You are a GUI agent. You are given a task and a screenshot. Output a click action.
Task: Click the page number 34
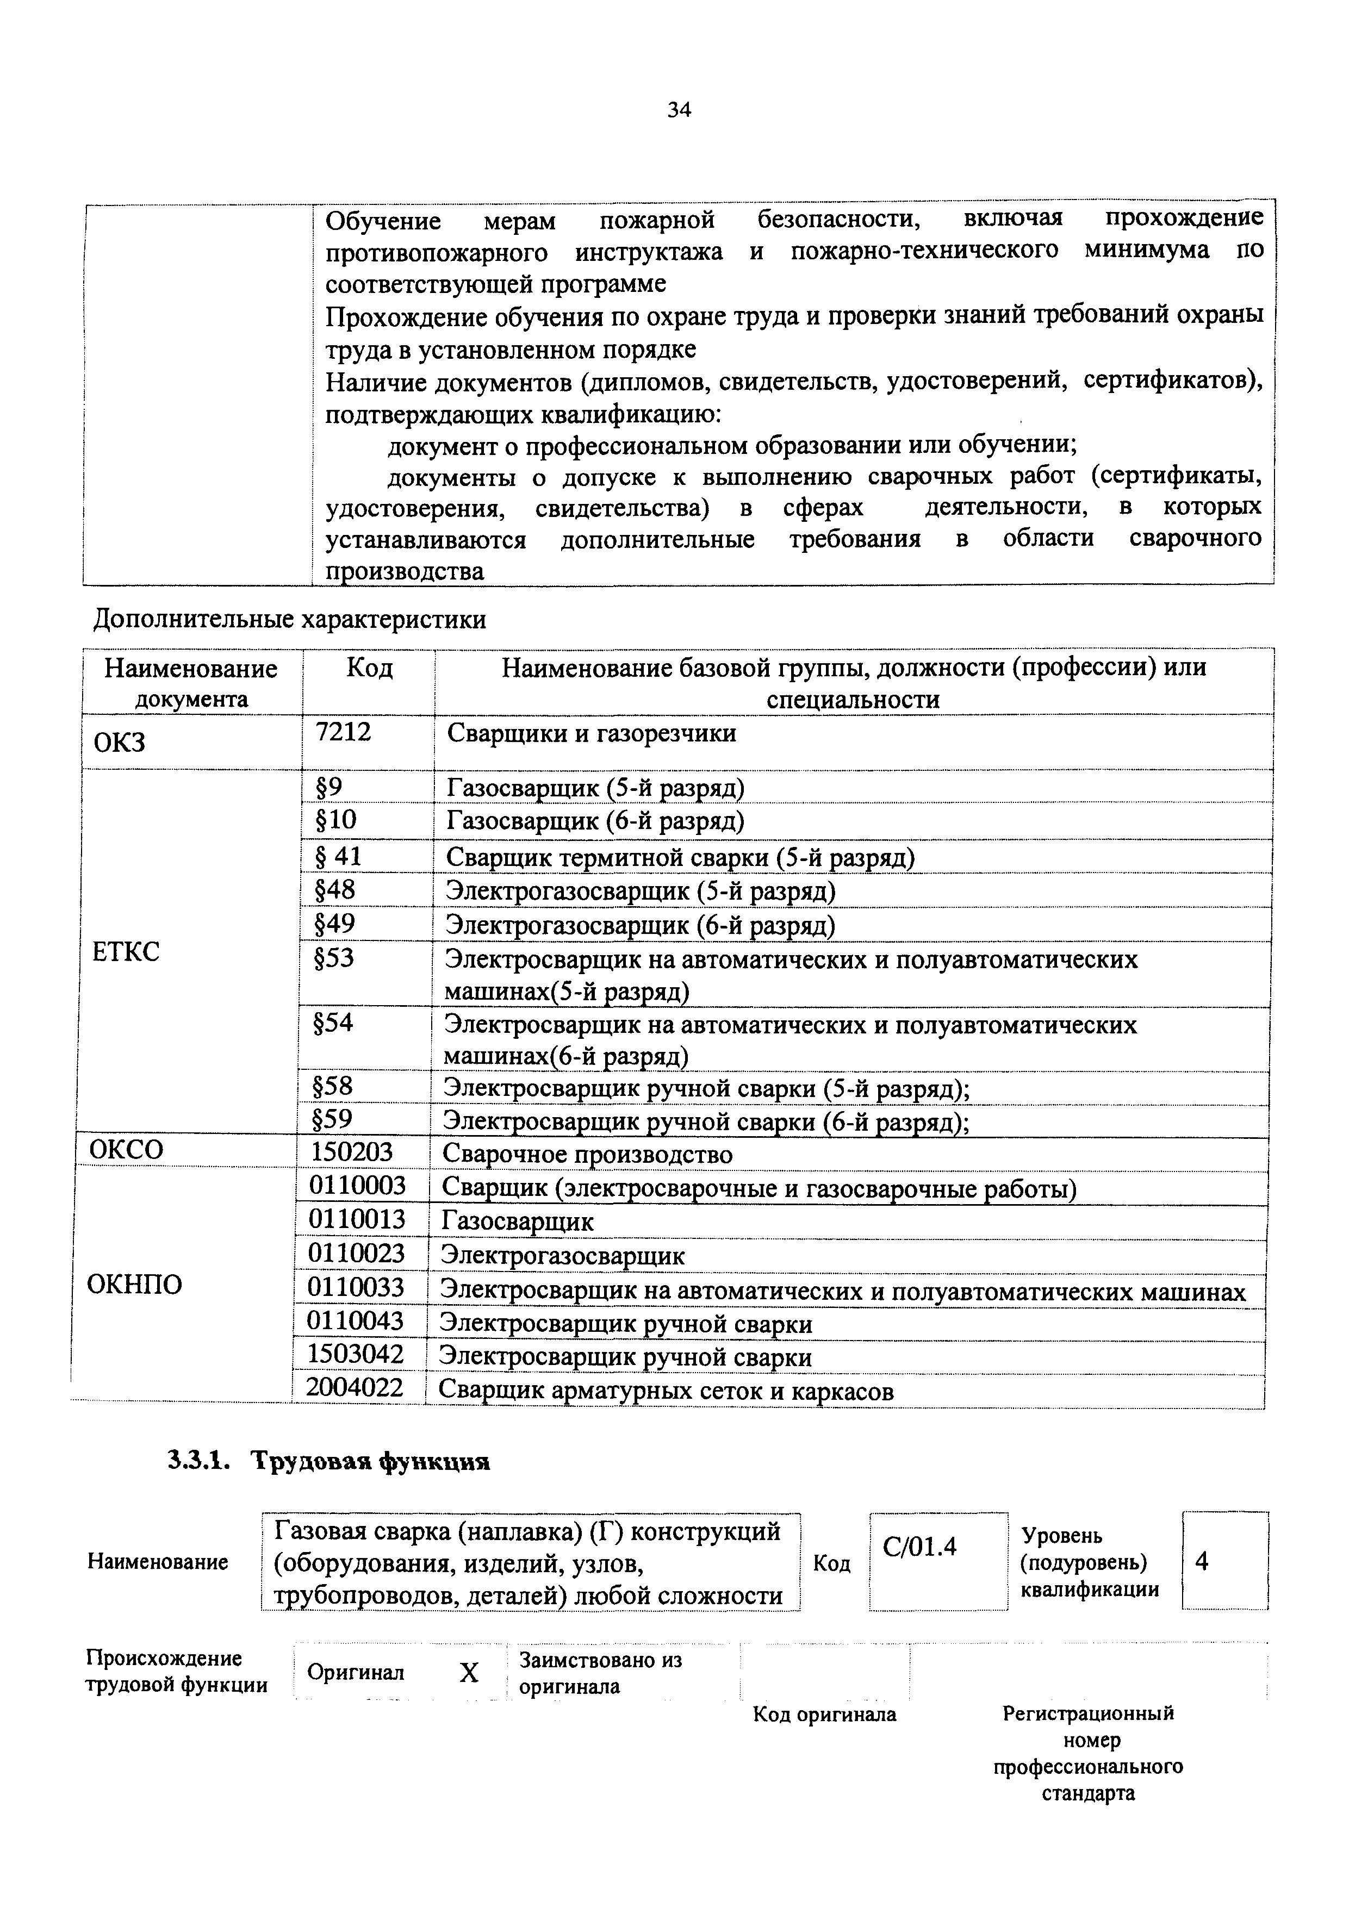[679, 110]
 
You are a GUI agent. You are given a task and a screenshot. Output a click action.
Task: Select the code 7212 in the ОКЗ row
[343, 732]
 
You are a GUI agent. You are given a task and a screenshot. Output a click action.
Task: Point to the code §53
[334, 958]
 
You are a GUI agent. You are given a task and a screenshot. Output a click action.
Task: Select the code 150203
[351, 1152]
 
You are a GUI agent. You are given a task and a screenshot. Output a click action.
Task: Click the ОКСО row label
[126, 1150]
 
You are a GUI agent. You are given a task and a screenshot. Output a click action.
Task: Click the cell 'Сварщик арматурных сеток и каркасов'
[666, 1391]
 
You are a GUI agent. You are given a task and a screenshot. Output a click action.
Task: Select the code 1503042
[356, 1355]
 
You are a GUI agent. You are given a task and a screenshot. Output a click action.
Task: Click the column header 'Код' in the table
[369, 668]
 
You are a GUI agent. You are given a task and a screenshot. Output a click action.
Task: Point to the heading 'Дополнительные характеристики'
[290, 620]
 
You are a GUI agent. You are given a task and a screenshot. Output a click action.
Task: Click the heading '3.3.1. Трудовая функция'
[329, 1462]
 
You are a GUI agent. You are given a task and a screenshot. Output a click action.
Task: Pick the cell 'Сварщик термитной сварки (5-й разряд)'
[680, 857]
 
